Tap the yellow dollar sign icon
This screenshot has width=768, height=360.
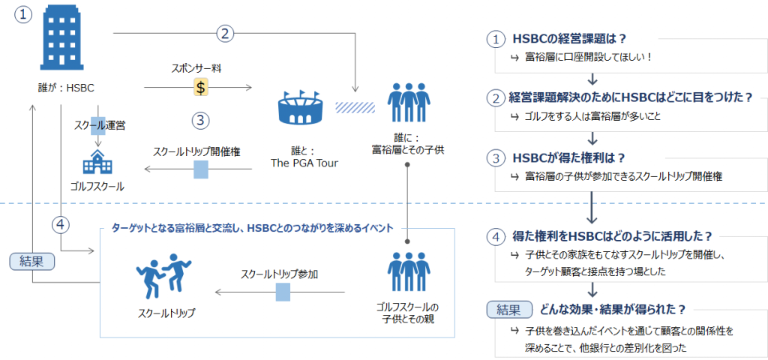[201, 87]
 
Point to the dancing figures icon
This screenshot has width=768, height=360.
[163, 277]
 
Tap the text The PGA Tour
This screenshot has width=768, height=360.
[304, 163]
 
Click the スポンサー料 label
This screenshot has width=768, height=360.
[201, 69]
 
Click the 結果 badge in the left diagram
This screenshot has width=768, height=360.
[31, 262]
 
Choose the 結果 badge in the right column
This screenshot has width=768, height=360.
[509, 310]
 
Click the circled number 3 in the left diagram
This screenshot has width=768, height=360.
[201, 121]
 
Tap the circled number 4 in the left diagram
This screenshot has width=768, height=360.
[61, 225]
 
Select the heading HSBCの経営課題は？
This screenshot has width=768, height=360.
[570, 39]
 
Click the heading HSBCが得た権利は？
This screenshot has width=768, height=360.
[570, 158]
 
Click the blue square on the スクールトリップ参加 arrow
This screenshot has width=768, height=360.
[283, 293]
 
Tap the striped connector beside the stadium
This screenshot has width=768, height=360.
[355, 106]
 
